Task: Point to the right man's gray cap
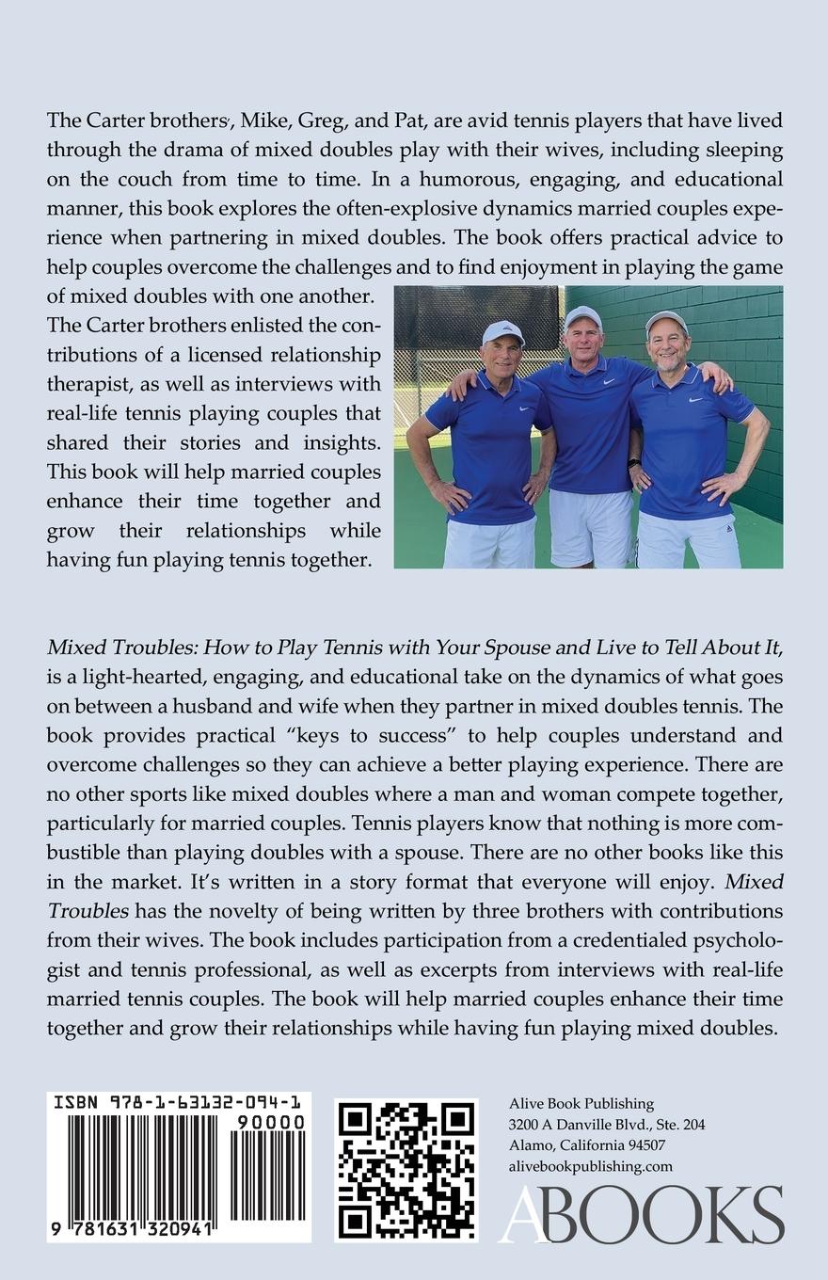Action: tap(666, 322)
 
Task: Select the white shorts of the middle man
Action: tap(591, 527)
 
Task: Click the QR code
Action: tap(406, 1170)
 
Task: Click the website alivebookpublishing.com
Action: tap(590, 1166)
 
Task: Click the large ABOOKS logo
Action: tap(642, 1214)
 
